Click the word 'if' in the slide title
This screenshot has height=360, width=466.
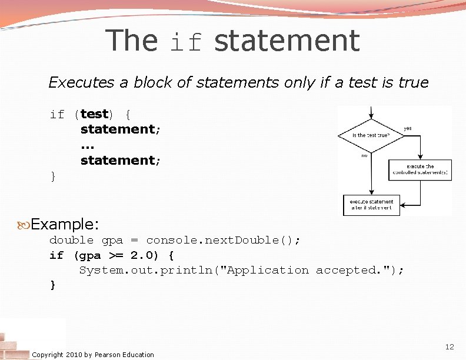click(186, 42)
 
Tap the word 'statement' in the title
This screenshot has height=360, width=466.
click(287, 41)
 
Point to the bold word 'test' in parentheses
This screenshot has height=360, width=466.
click(94, 114)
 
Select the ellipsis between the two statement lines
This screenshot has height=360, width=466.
click(87, 145)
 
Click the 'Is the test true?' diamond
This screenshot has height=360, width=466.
click(371, 135)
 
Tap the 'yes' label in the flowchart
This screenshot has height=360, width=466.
click(407, 128)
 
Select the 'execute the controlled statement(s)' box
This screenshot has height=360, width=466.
click(420, 169)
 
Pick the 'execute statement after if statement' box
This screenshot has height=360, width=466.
click(371, 204)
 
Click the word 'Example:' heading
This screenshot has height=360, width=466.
click(65, 224)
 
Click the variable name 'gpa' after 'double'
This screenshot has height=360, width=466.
click(112, 240)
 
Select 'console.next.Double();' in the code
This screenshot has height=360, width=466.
click(223, 240)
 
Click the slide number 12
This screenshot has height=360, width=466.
click(450, 347)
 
